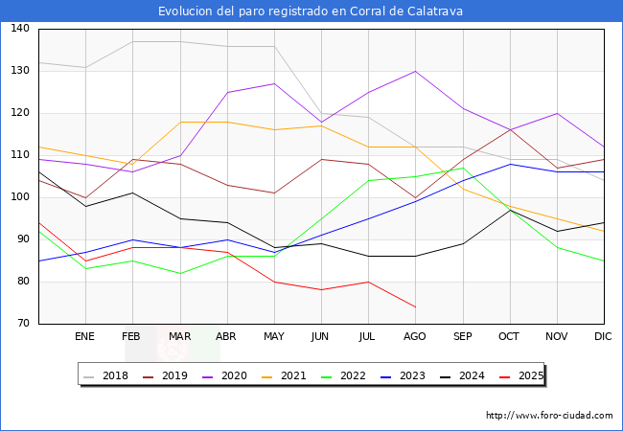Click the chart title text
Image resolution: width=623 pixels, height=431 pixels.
click(x=311, y=11)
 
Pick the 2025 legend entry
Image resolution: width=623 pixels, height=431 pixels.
click(x=528, y=375)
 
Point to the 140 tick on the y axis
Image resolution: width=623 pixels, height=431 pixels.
click(x=20, y=29)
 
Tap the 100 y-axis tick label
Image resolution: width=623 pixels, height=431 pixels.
click(x=20, y=197)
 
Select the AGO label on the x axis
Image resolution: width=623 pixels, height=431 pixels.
click(x=415, y=336)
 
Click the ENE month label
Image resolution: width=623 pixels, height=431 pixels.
click(x=85, y=336)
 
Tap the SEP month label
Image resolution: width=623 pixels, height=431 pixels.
click(x=463, y=336)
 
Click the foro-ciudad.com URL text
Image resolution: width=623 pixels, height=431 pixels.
click(x=549, y=416)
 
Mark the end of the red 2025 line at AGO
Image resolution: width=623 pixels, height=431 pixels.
click(x=415, y=306)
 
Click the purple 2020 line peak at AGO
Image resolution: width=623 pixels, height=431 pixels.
click(x=415, y=71)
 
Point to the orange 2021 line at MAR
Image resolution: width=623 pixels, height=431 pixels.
click(x=179, y=122)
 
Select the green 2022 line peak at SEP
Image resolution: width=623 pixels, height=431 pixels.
click(x=463, y=168)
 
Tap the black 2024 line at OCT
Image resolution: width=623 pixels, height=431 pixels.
click(x=510, y=210)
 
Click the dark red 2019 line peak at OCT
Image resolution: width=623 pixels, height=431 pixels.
click(x=510, y=130)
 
